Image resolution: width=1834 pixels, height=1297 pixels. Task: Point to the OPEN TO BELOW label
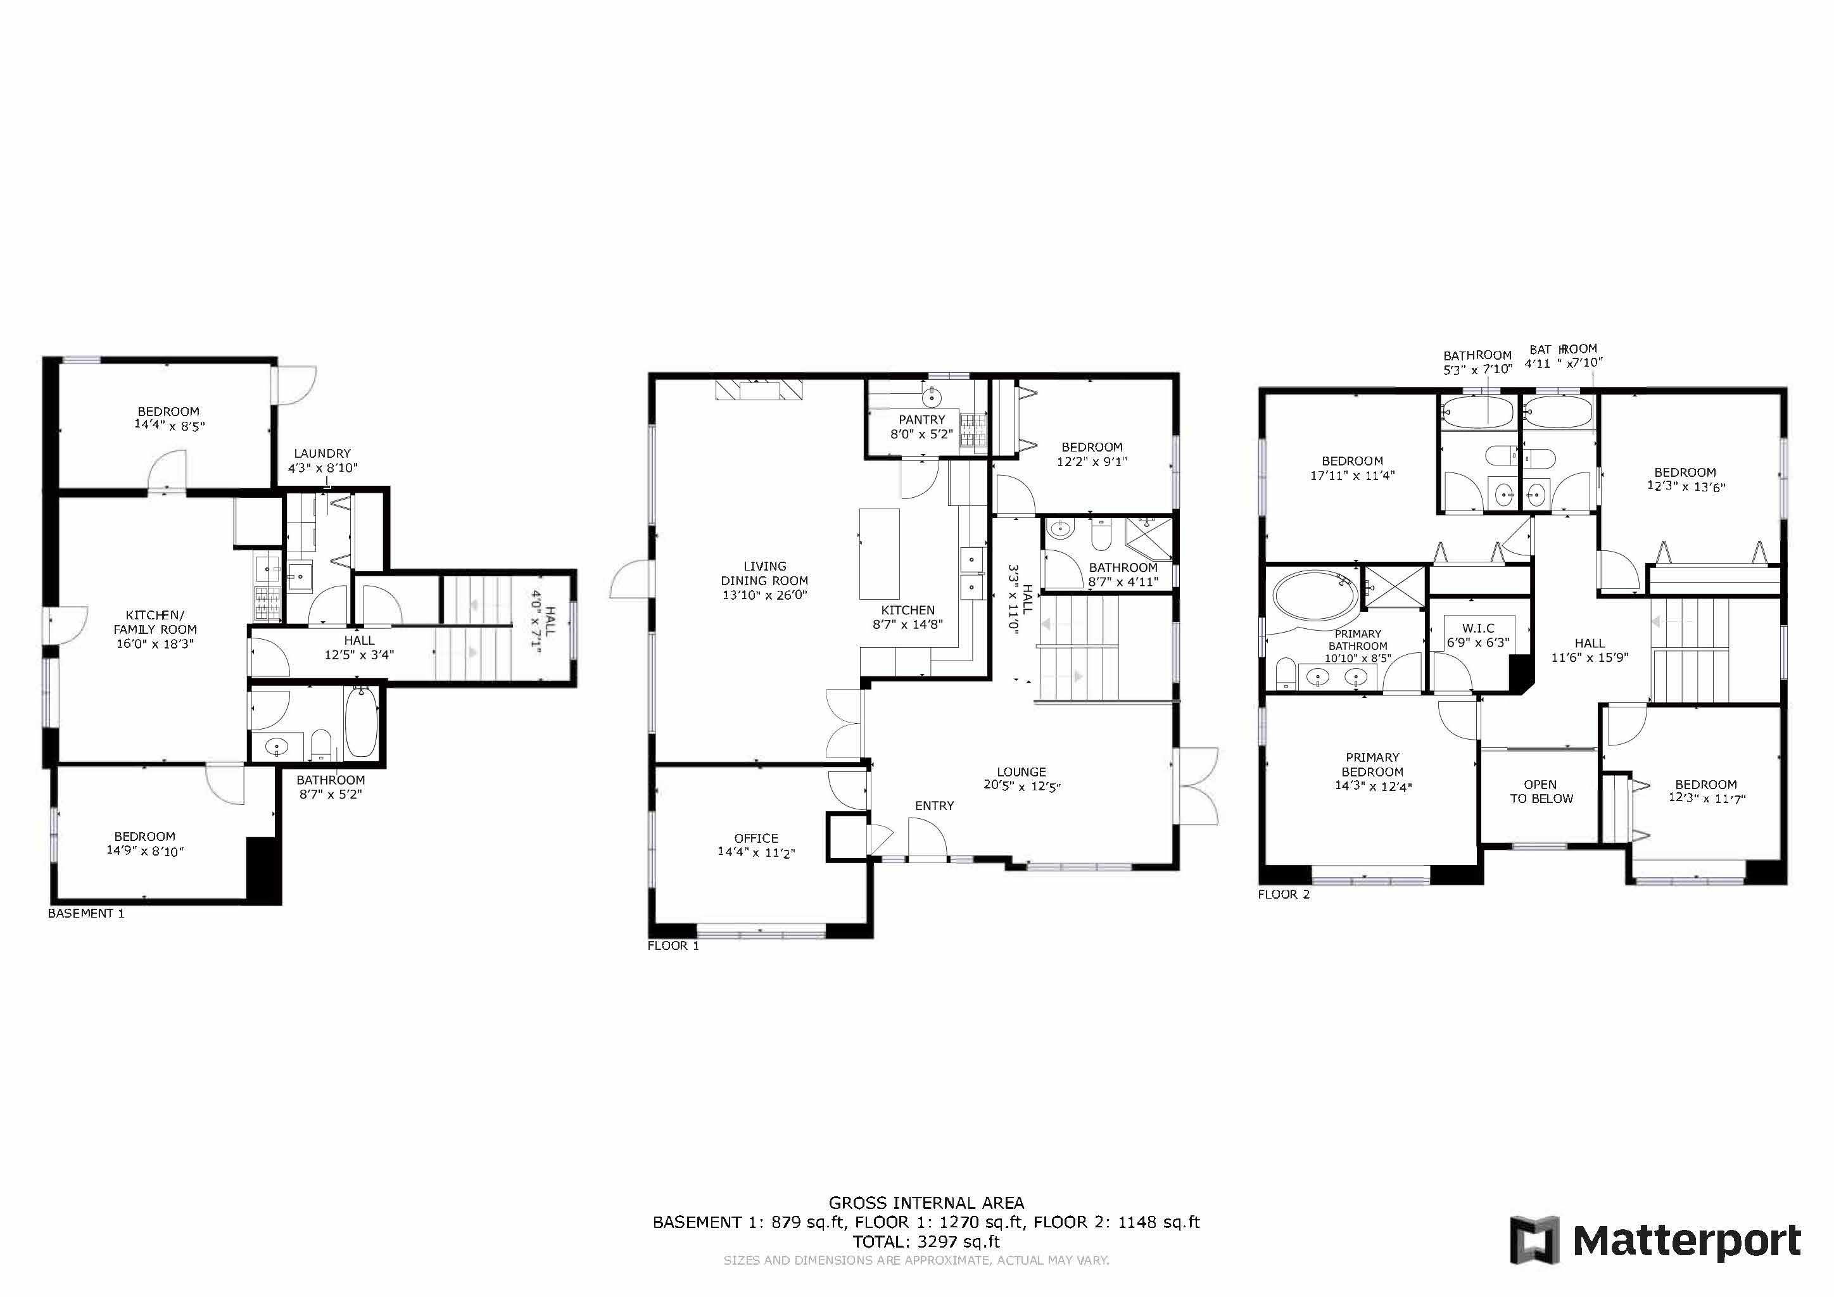point(1541,792)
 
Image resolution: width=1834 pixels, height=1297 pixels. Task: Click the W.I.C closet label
point(1477,628)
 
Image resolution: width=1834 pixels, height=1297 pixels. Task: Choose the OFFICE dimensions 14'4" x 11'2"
point(756,852)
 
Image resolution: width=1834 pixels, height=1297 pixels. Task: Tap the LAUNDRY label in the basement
point(322,453)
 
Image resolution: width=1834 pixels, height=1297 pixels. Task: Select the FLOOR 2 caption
point(1284,894)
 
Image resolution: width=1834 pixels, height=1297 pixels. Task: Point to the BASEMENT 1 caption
point(86,913)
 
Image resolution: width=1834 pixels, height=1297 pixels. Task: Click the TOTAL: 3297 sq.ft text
point(926,1241)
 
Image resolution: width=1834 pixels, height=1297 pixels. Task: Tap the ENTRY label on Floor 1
point(933,806)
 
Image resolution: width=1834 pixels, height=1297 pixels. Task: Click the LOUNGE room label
point(1021,771)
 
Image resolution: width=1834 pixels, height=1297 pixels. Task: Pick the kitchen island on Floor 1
point(878,554)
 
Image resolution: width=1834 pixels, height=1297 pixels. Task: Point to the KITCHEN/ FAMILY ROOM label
point(155,622)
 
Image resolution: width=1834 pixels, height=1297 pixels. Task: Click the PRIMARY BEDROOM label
point(1372,764)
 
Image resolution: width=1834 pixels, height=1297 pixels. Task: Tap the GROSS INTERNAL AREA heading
point(926,1203)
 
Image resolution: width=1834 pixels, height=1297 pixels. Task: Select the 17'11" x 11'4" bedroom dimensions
point(1351,475)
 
